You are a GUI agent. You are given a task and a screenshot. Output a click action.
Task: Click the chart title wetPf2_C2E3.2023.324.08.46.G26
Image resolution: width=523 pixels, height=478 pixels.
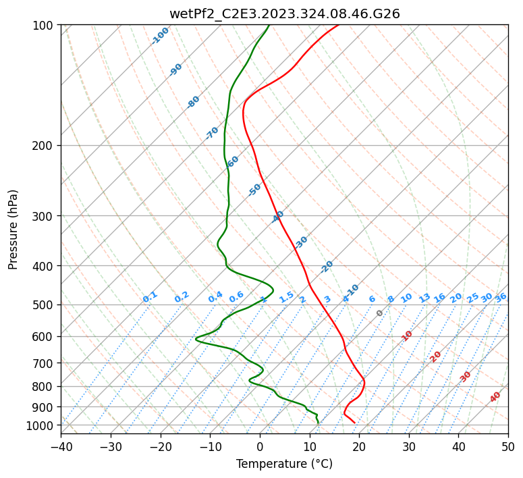coord(284,14)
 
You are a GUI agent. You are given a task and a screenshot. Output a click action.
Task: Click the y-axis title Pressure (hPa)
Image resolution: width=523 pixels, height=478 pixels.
coord(13,229)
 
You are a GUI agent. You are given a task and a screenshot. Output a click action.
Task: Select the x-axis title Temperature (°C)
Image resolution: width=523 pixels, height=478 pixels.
coord(284,464)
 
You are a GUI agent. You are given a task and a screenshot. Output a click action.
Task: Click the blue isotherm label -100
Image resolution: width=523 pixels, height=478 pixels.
coord(161,36)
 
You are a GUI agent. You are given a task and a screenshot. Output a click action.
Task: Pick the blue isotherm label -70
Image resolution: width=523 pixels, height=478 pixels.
coord(212,133)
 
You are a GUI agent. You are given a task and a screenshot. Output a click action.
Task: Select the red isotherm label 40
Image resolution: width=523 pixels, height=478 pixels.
coord(495,397)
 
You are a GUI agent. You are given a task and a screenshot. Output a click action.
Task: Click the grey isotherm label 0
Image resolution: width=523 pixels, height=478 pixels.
coord(380,313)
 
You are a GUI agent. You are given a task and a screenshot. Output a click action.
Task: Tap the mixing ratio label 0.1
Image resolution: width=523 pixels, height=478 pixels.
coord(150,297)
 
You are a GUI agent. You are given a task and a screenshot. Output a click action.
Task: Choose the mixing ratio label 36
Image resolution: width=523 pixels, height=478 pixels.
coord(501,297)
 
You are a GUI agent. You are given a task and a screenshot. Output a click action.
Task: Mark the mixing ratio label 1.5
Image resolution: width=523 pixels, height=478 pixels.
coord(286,297)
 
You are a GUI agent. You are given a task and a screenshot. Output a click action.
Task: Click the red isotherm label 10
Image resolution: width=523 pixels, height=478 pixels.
coord(407,336)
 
